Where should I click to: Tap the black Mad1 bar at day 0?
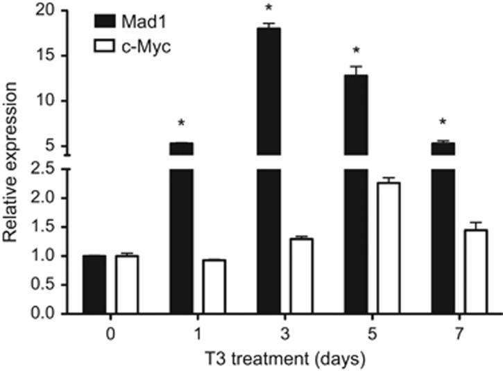point(94,284)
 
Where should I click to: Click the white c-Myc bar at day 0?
point(127,284)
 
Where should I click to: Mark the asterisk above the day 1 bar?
point(181,124)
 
